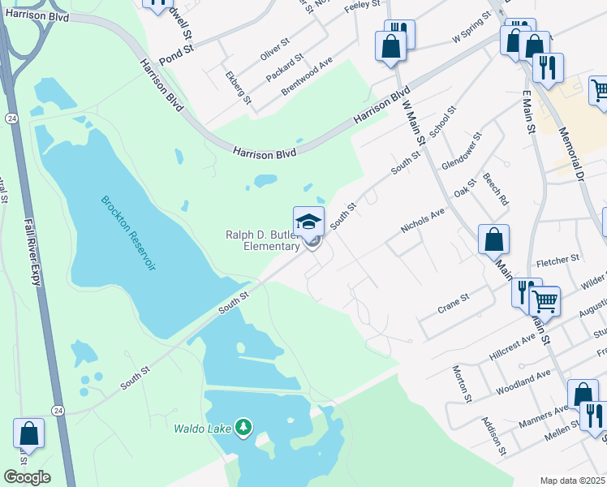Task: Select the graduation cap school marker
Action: (308, 222)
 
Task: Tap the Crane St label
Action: (453, 303)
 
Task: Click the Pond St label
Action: (177, 50)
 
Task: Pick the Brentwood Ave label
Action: (307, 77)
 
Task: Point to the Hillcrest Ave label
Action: (512, 350)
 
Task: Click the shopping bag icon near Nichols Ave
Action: (493, 240)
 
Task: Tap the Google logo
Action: (27, 477)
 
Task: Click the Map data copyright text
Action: (572, 481)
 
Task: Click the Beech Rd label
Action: (495, 188)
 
